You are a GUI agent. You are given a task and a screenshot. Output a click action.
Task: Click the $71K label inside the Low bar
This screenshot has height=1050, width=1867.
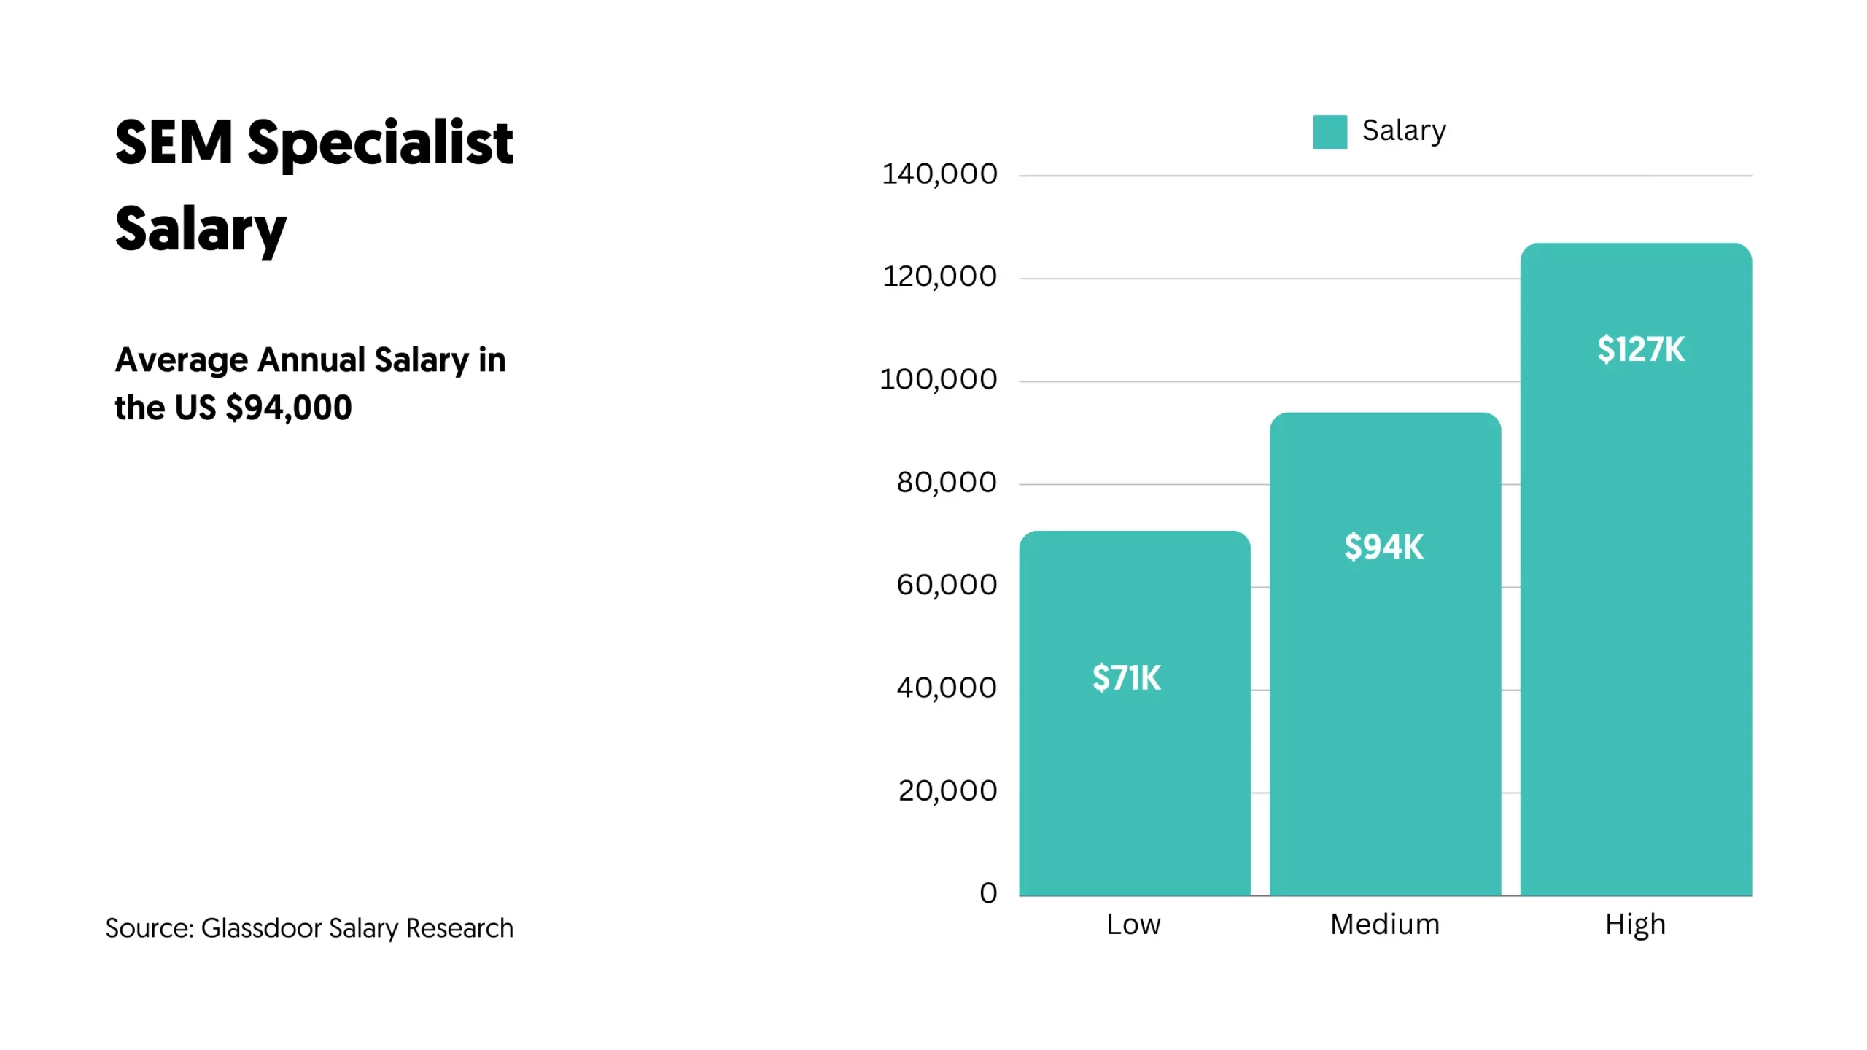pyautogui.click(x=1126, y=678)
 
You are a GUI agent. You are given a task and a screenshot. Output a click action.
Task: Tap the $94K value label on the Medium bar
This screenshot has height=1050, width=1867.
pyautogui.click(x=1383, y=547)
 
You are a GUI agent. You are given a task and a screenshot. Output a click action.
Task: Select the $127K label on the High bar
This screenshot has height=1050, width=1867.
pyautogui.click(x=1641, y=349)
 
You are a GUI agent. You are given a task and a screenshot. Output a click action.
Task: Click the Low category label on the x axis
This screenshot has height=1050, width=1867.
pyautogui.click(x=1133, y=925)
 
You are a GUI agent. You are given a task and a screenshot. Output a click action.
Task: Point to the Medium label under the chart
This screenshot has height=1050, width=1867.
pyautogui.click(x=1384, y=925)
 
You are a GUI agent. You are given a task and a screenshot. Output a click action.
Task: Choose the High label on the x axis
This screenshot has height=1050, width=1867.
pyautogui.click(x=1635, y=925)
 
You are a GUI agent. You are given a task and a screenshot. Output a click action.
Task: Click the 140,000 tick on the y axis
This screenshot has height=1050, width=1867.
pyautogui.click(x=939, y=174)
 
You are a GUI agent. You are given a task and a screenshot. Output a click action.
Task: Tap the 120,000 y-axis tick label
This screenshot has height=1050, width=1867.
pyautogui.click(x=939, y=277)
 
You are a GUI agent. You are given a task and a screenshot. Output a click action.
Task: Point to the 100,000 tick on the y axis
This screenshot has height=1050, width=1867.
pyautogui.click(x=938, y=380)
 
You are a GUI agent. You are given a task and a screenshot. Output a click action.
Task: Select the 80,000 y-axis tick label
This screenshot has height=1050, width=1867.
pyautogui.click(x=946, y=483)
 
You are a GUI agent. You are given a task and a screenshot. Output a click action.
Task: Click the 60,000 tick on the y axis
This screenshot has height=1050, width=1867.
pyautogui.click(x=946, y=585)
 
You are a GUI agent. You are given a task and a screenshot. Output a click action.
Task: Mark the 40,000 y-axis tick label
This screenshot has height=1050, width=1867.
pyautogui.click(x=946, y=688)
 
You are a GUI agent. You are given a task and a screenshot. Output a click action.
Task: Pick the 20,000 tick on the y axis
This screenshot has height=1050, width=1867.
pyautogui.click(x=947, y=790)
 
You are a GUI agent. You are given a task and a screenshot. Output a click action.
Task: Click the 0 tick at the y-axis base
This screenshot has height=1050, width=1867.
pyautogui.click(x=988, y=893)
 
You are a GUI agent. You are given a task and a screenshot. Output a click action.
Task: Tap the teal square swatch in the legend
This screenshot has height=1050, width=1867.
pyautogui.click(x=1330, y=132)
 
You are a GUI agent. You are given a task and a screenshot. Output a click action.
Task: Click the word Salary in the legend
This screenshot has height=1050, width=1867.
pyautogui.click(x=1404, y=131)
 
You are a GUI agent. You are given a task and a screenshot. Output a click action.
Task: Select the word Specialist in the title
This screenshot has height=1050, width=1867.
pyautogui.click(x=380, y=143)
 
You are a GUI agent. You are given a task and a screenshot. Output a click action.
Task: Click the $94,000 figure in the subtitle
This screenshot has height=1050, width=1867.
pyautogui.click(x=289, y=408)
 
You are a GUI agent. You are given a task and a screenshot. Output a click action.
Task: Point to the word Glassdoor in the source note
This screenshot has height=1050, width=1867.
pyautogui.click(x=261, y=928)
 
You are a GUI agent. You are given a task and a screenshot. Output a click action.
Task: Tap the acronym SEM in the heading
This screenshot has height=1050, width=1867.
pyautogui.click(x=174, y=143)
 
